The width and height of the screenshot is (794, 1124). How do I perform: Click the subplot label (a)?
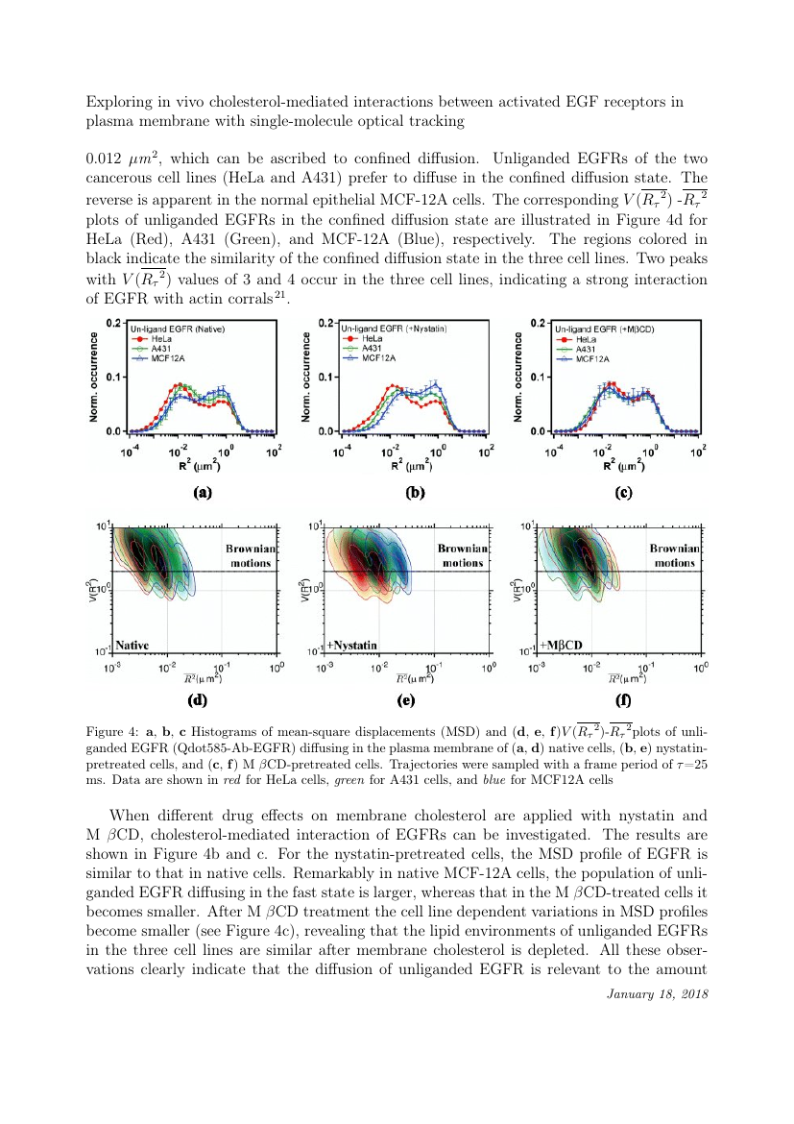pyautogui.click(x=202, y=494)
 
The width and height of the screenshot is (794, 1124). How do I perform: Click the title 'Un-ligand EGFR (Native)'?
pyautogui.click(x=180, y=330)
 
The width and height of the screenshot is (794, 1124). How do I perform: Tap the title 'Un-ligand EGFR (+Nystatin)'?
pyautogui.click(x=389, y=329)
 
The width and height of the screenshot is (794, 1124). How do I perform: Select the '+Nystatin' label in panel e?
pyautogui.click(x=353, y=643)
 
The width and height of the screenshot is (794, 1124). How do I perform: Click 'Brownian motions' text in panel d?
pyautogui.click(x=251, y=554)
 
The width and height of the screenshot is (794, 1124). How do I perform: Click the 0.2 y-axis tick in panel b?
pyautogui.click(x=325, y=323)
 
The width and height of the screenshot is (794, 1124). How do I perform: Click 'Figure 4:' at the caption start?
pyautogui.click(x=109, y=735)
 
